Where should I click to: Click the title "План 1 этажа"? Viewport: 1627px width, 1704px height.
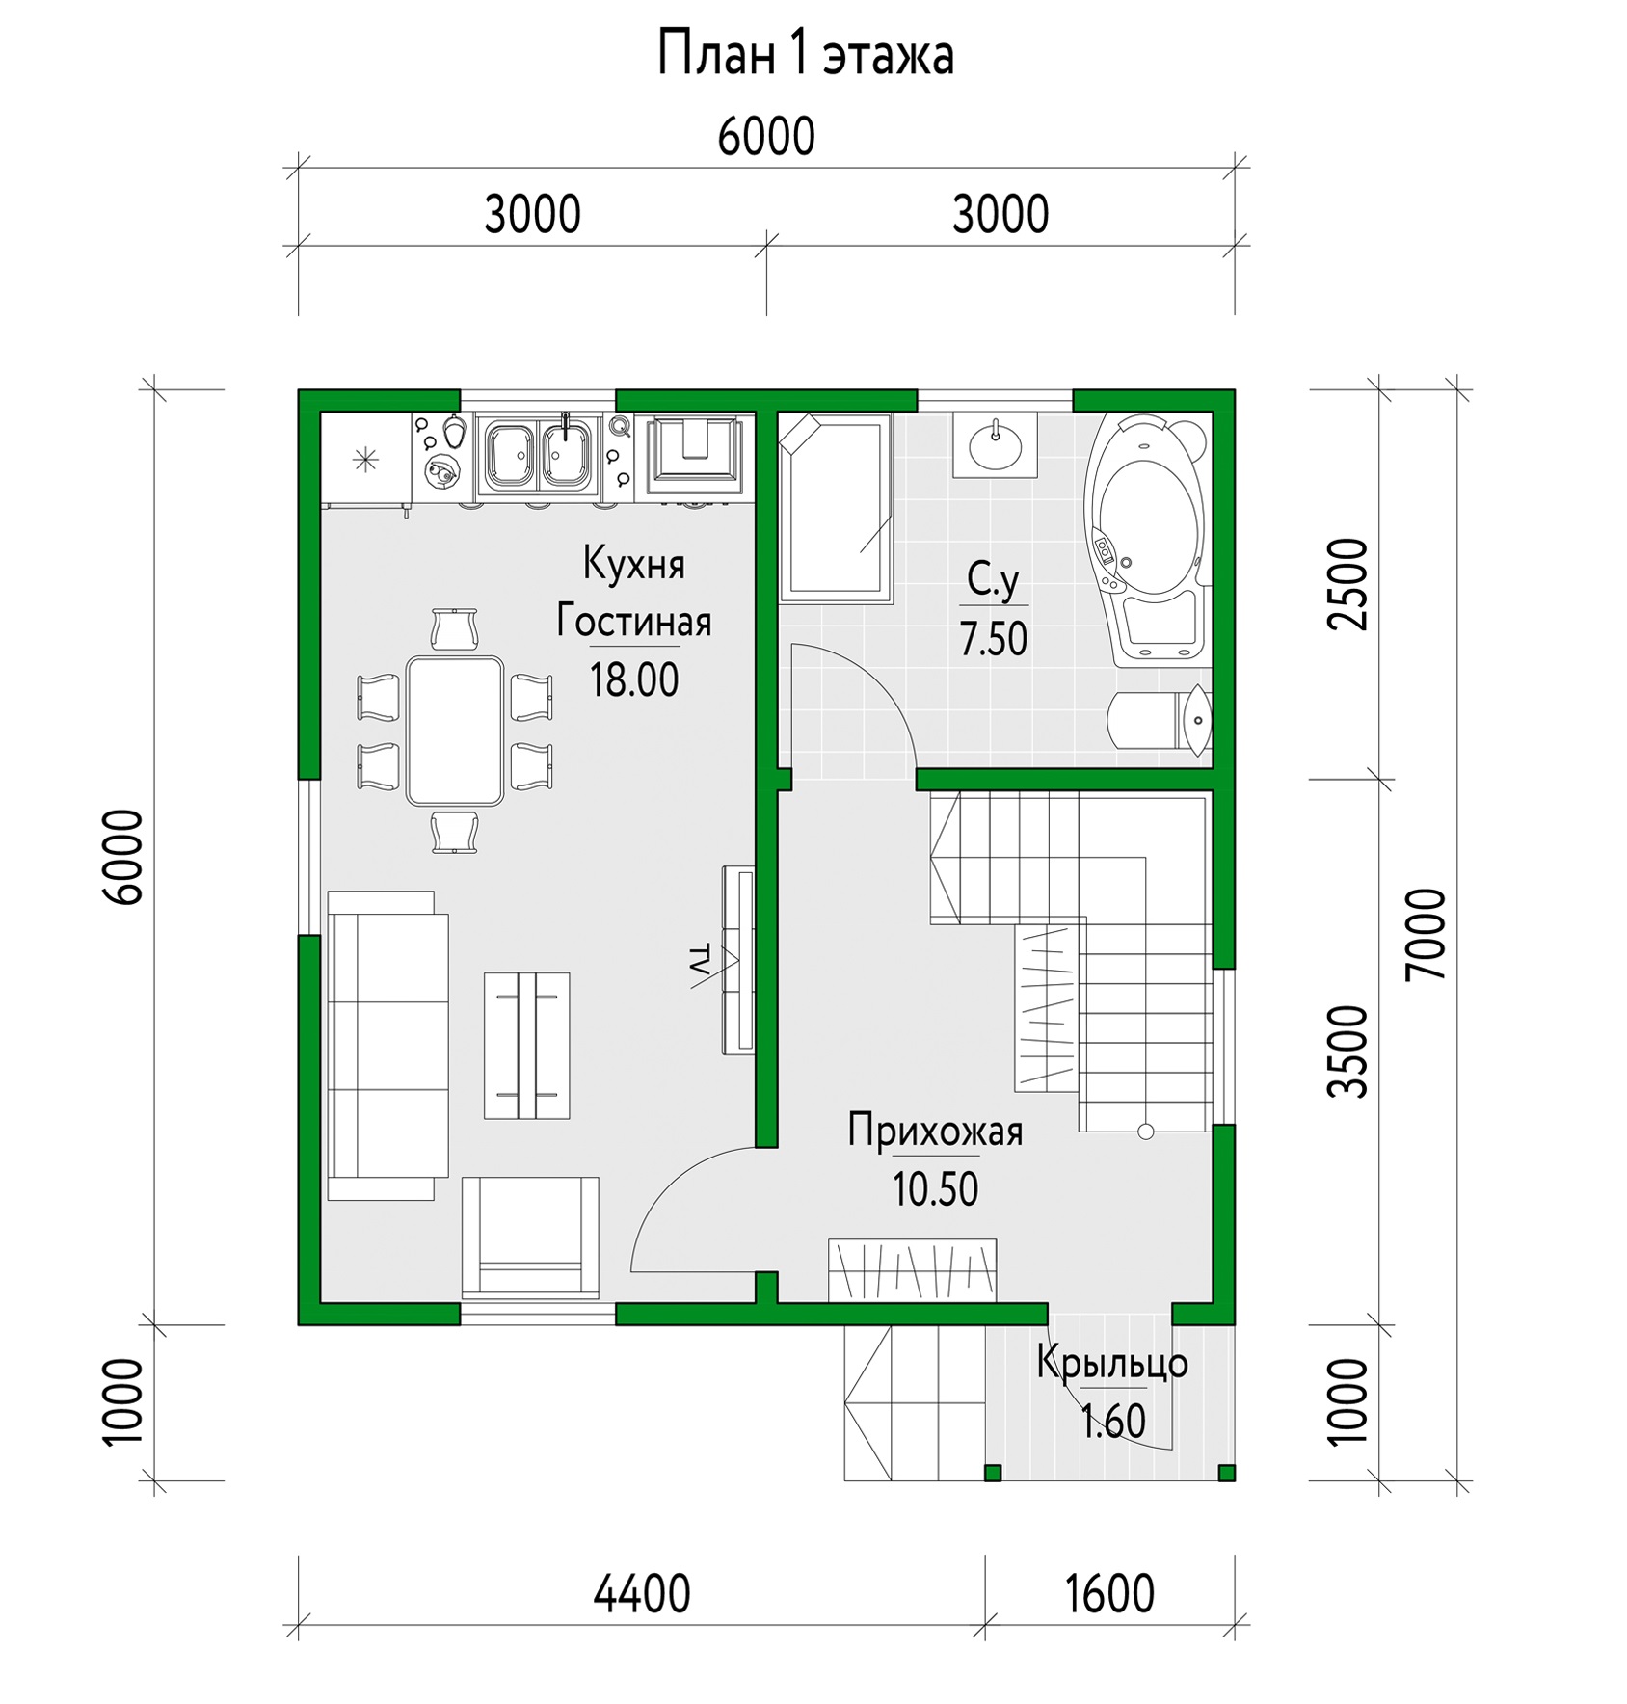coord(805,54)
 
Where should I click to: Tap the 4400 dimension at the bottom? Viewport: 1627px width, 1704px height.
coord(642,1593)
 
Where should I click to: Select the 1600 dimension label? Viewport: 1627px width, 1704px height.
coord(1109,1593)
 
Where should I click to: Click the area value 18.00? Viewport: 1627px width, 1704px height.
coord(634,679)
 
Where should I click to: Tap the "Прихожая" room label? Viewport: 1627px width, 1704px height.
coord(935,1130)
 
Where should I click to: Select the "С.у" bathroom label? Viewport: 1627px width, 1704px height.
coord(993,580)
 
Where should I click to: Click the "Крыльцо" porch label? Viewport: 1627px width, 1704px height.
coord(1112,1364)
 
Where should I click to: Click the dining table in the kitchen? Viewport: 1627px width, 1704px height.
coord(455,731)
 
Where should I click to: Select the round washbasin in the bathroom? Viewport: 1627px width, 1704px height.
coord(996,444)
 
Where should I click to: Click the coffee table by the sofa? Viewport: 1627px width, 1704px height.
coord(526,1045)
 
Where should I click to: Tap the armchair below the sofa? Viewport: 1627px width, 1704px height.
coord(530,1237)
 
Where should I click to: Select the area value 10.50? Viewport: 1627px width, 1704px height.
coord(935,1189)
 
